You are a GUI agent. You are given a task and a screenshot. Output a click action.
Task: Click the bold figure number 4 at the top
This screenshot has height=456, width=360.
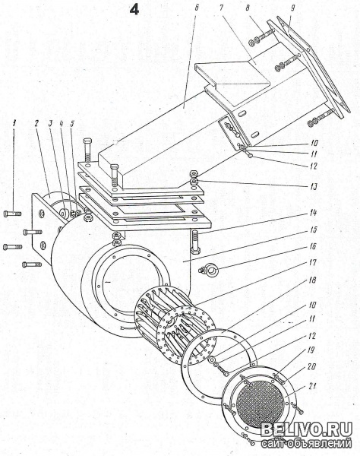click(x=134, y=10)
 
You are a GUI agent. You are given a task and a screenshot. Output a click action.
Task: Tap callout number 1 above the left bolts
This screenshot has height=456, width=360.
click(x=13, y=124)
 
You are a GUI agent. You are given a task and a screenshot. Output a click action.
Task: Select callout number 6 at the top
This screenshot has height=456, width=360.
click(x=197, y=8)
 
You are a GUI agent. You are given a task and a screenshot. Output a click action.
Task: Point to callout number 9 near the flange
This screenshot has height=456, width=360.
click(x=292, y=8)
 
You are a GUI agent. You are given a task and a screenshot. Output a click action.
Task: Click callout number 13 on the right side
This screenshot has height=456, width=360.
click(x=313, y=186)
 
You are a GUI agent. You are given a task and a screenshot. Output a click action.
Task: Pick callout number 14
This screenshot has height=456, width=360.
click(x=313, y=213)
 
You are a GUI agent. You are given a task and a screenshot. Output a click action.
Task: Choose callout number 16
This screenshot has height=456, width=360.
click(x=312, y=246)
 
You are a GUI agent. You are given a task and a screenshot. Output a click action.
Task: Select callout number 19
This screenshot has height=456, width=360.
click(x=311, y=350)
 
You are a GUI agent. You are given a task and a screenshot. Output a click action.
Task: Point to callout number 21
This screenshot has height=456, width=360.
click(x=311, y=387)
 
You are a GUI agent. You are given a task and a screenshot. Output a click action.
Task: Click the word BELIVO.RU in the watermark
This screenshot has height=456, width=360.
click(x=306, y=429)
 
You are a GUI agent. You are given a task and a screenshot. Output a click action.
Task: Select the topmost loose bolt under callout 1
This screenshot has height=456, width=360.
click(x=12, y=214)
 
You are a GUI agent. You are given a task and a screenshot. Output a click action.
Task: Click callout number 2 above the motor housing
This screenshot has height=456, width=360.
click(x=36, y=123)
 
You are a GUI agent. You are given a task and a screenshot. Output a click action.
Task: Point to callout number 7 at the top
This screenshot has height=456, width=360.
click(x=221, y=8)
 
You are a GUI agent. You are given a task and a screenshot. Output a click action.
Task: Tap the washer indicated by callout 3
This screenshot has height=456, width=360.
click(x=63, y=213)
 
